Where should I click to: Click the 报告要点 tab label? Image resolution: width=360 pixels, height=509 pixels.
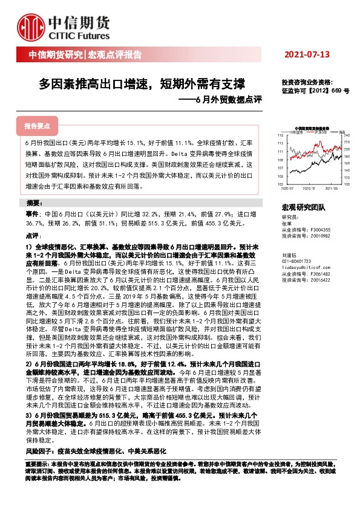coord(37,126)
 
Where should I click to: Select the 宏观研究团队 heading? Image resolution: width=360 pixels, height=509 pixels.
coord(303,207)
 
